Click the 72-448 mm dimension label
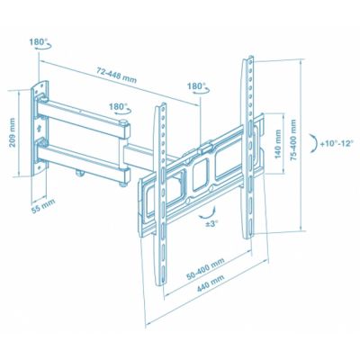117,76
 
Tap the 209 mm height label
13,132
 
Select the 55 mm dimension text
43,206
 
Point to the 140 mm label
278,144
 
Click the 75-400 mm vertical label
293,139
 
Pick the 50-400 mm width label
205,269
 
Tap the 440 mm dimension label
211,283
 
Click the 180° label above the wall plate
37,41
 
